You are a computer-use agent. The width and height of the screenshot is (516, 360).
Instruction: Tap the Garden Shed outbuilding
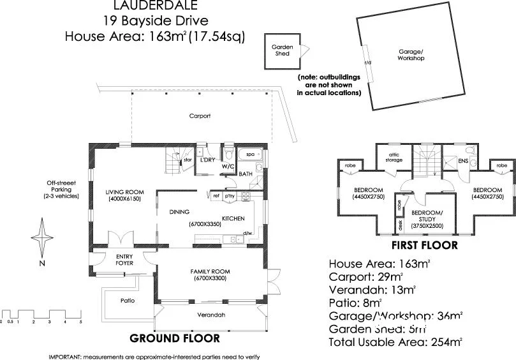pos(282,50)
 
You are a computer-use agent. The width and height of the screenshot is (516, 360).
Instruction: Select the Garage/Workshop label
pos(411,55)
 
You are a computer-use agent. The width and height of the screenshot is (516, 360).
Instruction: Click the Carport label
pos(200,116)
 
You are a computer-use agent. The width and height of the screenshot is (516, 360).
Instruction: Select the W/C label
pos(228,166)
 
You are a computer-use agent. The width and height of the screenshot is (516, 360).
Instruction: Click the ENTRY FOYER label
pos(124,259)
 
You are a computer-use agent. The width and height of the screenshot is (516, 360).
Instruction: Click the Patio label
pos(128,300)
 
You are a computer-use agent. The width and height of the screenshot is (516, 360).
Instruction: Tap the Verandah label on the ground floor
pos(211,315)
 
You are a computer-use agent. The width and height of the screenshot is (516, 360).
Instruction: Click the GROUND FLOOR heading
pos(175,338)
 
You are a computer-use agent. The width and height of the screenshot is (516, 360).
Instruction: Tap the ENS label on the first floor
pos(463,161)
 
